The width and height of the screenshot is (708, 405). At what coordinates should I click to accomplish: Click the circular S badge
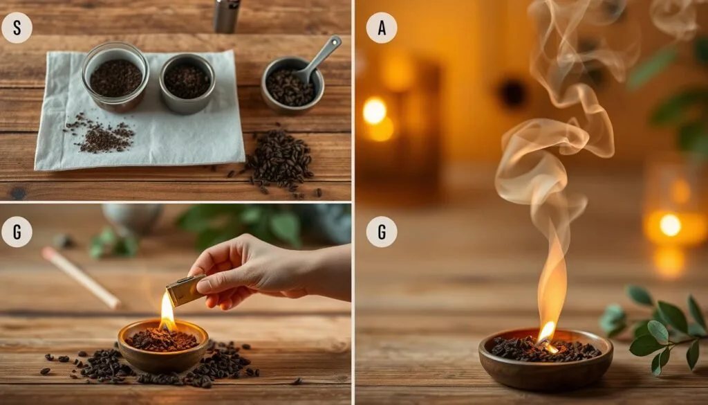(17, 28)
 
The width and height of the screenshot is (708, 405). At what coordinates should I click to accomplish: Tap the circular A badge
(382, 28)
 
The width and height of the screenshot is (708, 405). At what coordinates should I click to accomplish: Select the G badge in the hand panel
(17, 232)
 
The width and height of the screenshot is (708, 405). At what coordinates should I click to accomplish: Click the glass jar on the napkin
(115, 76)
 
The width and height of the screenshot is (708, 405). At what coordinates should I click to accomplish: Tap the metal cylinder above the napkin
(227, 16)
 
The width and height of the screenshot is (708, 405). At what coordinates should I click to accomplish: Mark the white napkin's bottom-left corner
(35, 170)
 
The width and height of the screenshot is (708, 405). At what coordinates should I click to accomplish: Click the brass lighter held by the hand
(185, 291)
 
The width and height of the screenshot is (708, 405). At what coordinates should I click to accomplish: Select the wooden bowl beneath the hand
(163, 345)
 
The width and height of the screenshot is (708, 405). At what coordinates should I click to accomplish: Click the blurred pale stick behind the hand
(82, 278)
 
